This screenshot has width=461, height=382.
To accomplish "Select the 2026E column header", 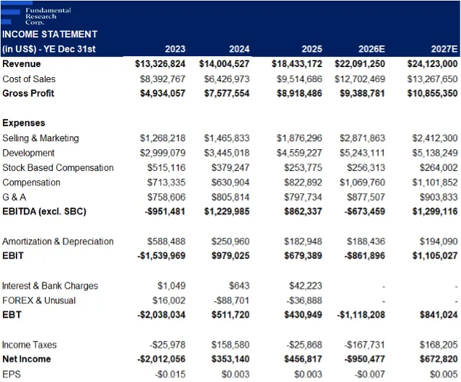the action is (x=372, y=49).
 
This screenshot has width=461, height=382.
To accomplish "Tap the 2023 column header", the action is (x=175, y=49).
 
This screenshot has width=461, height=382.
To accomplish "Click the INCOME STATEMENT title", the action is (x=50, y=34).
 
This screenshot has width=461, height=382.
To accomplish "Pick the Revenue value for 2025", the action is (x=297, y=64).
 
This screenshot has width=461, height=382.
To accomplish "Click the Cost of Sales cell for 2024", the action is (x=227, y=79).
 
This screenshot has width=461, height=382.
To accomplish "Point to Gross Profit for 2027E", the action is (x=432, y=93).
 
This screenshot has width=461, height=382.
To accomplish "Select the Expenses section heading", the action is (x=24, y=123).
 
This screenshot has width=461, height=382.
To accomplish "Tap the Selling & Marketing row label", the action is (x=40, y=138).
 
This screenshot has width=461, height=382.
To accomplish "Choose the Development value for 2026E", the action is (x=362, y=153).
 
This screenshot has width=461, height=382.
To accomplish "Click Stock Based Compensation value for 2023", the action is (x=166, y=167).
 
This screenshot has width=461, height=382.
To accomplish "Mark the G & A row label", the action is (x=14, y=197).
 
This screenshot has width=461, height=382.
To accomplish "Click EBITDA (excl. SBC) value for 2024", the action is (x=227, y=211).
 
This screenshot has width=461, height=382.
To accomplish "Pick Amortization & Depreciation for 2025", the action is (x=303, y=241).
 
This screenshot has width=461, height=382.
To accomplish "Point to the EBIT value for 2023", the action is (x=161, y=255).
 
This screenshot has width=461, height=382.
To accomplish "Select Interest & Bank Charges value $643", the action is (x=239, y=285).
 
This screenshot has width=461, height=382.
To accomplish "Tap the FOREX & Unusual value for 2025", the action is (x=304, y=300).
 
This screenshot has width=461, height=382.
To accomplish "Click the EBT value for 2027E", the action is (x=439, y=314).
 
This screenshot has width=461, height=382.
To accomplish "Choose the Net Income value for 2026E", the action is (x=365, y=359).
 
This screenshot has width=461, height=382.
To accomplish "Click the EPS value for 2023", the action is (x=170, y=374).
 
